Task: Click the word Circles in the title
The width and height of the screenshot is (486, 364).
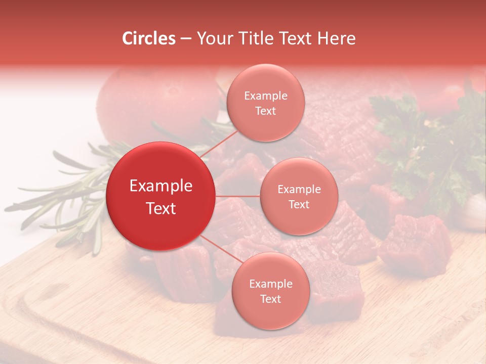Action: [x=148, y=38]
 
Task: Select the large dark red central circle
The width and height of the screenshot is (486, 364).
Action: [x=160, y=196]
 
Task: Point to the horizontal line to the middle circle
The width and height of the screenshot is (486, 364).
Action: [x=237, y=196]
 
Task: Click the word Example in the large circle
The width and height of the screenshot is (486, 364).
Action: [x=160, y=186]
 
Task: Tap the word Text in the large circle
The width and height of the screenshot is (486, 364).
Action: [x=160, y=208]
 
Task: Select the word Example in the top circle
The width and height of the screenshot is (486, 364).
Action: [x=265, y=96]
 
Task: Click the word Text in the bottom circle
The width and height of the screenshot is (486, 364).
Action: [x=270, y=299]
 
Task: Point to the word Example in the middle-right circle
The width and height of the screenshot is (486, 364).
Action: [x=299, y=190]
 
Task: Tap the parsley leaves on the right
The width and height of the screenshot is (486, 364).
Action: [x=430, y=147]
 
